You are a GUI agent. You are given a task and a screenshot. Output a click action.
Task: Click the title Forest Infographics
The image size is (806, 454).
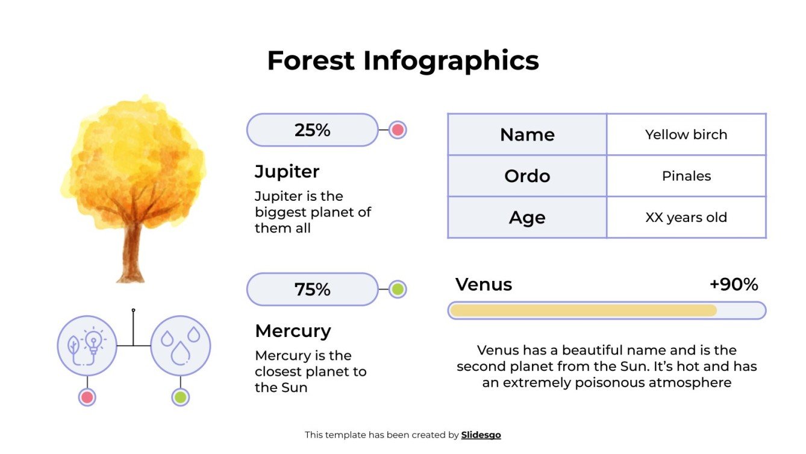click(x=402, y=61)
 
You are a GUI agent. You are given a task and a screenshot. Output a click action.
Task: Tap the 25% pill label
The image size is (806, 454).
click(x=312, y=130)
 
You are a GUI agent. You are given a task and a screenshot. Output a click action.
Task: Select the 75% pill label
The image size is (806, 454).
click(x=312, y=289)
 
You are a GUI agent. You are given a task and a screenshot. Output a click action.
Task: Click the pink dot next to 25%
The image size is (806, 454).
click(x=397, y=130)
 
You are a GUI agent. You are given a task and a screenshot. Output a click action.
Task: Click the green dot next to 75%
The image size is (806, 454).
click(x=397, y=289)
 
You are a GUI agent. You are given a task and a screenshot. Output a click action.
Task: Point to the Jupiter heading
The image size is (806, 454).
click(x=287, y=171)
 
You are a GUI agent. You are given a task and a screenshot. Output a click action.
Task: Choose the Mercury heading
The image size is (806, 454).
click(x=293, y=331)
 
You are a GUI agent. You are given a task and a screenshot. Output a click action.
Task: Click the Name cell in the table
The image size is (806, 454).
click(x=527, y=134)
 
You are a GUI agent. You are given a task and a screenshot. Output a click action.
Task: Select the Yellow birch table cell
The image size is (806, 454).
click(x=686, y=134)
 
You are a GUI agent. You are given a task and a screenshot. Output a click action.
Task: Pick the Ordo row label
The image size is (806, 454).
click(x=527, y=176)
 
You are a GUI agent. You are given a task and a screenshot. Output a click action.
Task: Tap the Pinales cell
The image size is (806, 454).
click(x=686, y=176)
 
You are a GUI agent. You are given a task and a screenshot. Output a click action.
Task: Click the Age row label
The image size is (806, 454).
click(x=527, y=218)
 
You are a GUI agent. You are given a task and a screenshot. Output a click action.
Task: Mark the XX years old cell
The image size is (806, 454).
click(x=686, y=218)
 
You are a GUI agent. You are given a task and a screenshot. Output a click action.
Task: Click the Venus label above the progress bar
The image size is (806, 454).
click(x=484, y=285)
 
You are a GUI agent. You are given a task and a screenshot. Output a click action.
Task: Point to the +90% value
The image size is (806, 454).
click(x=733, y=285)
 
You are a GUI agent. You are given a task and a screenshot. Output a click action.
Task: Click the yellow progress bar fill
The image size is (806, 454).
click(x=583, y=311)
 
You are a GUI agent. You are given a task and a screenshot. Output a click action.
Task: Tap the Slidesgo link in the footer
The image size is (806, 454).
click(x=481, y=435)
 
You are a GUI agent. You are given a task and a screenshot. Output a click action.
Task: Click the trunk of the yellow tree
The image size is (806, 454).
click(x=131, y=253)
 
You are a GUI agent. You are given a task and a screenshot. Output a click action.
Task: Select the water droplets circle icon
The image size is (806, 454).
click(x=180, y=345)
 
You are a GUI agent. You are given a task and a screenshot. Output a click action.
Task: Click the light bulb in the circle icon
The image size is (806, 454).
click(x=93, y=342)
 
